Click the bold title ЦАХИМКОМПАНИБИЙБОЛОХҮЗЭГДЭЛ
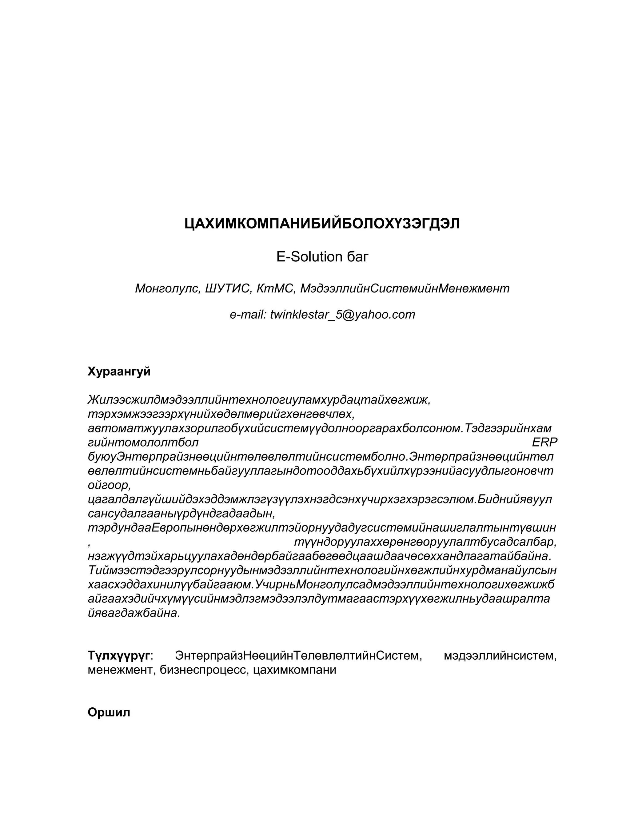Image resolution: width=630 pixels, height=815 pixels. coord(322,224)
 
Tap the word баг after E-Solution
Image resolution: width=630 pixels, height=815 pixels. coord(357,257)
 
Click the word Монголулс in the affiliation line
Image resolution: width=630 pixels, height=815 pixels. coord(166,288)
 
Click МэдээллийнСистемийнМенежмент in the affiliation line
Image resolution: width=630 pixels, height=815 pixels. coord(405,288)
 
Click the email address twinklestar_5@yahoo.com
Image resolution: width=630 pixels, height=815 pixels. coord(342,315)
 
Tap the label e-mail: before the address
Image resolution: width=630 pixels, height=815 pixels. coord(248,315)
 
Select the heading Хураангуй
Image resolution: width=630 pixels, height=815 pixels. coord(119,372)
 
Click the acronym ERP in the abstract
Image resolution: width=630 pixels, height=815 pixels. coord(544,443)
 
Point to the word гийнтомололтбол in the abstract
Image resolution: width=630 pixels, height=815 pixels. coord(143,443)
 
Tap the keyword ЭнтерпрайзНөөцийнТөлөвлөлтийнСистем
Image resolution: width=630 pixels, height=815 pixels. coord(298,655)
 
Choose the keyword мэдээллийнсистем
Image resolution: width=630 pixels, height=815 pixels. coord(500,655)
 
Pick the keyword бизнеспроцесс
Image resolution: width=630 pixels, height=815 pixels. coord(205,670)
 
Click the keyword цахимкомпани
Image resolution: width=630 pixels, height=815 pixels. coord(294,670)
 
